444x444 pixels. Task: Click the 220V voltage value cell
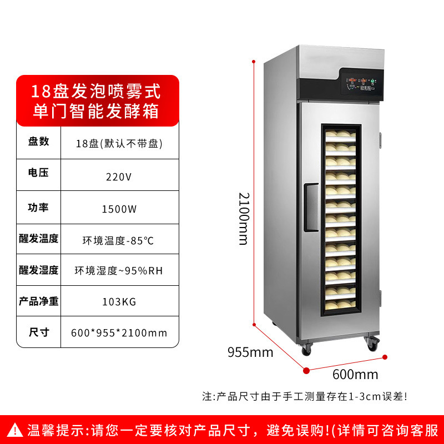click(119, 177)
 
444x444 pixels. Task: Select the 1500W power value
click(119, 209)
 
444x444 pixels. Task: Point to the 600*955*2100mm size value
click(119, 333)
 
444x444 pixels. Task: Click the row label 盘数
click(39, 141)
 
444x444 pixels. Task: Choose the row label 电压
click(39, 173)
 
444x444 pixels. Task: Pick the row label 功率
click(39, 207)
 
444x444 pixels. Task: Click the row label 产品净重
click(39, 301)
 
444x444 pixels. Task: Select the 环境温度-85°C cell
click(118, 241)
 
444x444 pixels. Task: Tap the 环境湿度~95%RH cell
click(119, 271)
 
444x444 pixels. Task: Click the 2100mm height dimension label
click(244, 219)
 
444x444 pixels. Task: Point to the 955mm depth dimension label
click(250, 352)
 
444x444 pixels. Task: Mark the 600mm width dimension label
click(355, 374)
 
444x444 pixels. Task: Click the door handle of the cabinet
click(311, 208)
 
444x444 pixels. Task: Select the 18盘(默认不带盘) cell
click(119, 143)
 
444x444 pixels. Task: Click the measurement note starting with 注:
click(305, 396)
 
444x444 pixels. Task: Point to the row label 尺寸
click(39, 332)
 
